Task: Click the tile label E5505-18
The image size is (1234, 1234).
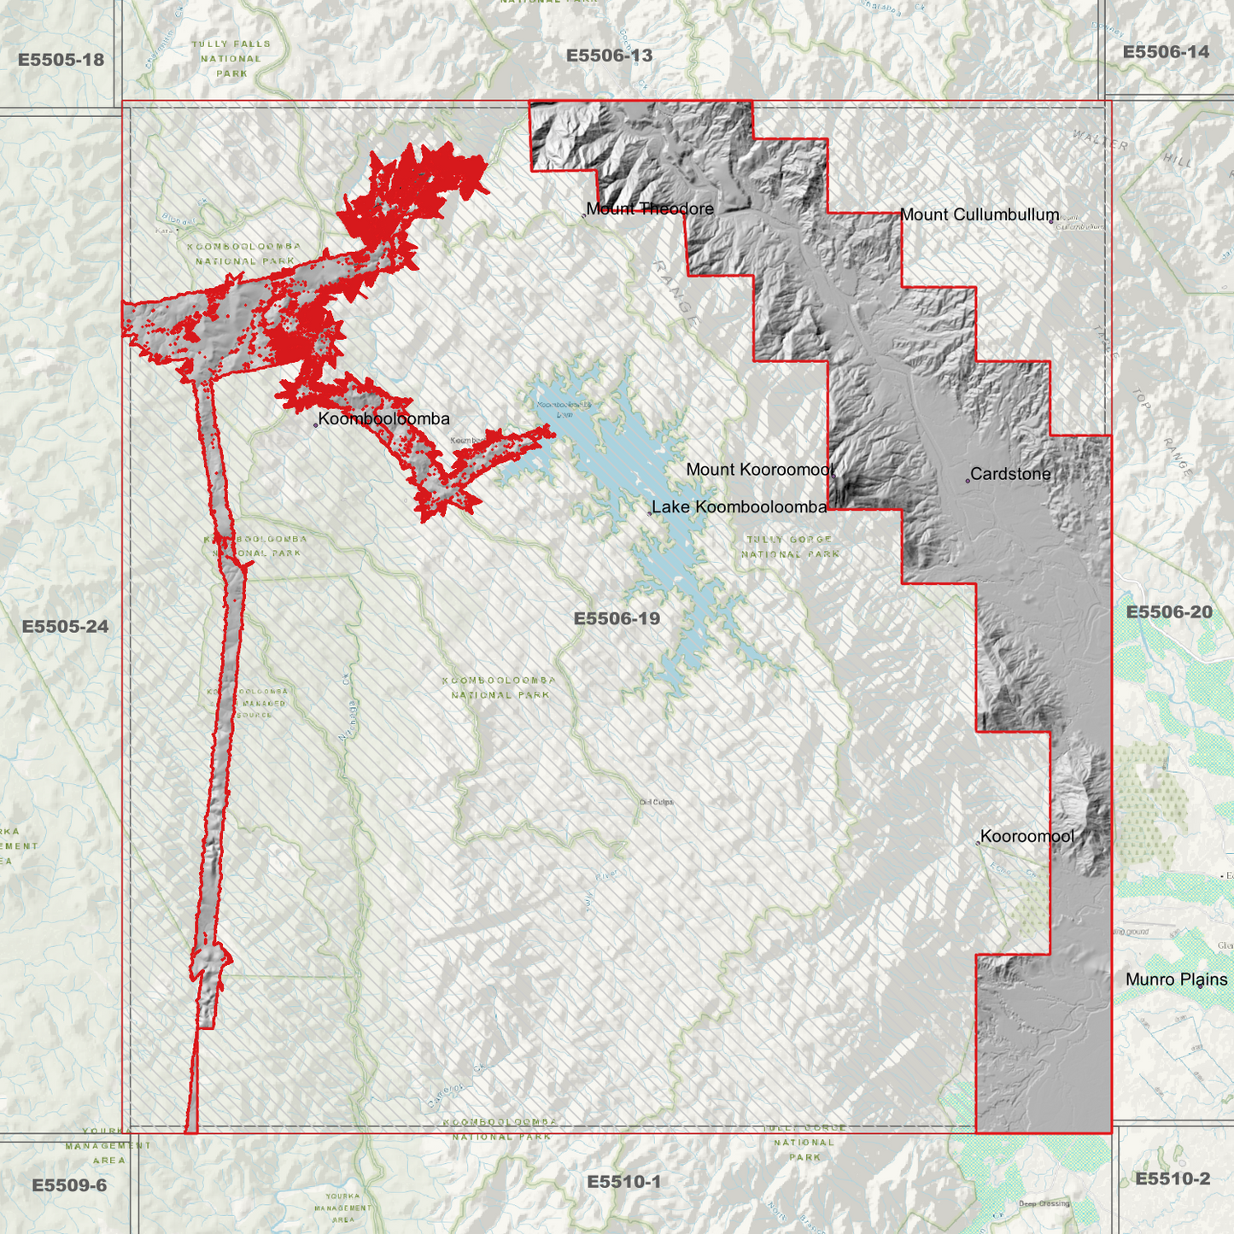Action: pyautogui.click(x=61, y=60)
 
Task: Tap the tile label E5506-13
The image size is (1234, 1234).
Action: pyautogui.click(x=609, y=56)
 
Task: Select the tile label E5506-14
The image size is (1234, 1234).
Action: pyautogui.click(x=1166, y=52)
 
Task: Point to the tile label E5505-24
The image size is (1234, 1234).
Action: pyautogui.click(x=65, y=627)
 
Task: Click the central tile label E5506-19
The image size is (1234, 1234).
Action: pyautogui.click(x=617, y=618)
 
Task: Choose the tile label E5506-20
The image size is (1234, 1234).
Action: pyautogui.click(x=1169, y=612)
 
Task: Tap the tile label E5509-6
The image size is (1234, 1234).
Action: pyautogui.click(x=69, y=1185)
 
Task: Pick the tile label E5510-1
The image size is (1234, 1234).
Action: pyautogui.click(x=623, y=1182)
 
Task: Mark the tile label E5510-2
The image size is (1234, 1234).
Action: pyautogui.click(x=1172, y=1179)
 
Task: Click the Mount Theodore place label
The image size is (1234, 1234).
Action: pyautogui.click(x=650, y=209)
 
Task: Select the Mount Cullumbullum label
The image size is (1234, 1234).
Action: pyautogui.click(x=980, y=215)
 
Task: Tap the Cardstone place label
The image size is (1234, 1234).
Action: pyautogui.click(x=1010, y=474)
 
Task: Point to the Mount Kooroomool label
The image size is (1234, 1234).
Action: pyautogui.click(x=760, y=470)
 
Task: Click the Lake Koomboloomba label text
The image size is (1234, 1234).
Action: pyautogui.click(x=740, y=507)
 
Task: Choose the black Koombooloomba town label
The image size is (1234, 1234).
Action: pyautogui.click(x=383, y=419)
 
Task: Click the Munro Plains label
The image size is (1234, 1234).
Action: pyautogui.click(x=1176, y=980)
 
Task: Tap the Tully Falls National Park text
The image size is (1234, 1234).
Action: pyautogui.click(x=231, y=59)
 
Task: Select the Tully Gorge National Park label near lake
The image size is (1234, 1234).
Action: pyautogui.click(x=790, y=547)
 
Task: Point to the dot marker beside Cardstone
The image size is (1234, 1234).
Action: pyautogui.click(x=968, y=481)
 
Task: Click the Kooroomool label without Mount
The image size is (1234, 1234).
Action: pyautogui.click(x=1026, y=837)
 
